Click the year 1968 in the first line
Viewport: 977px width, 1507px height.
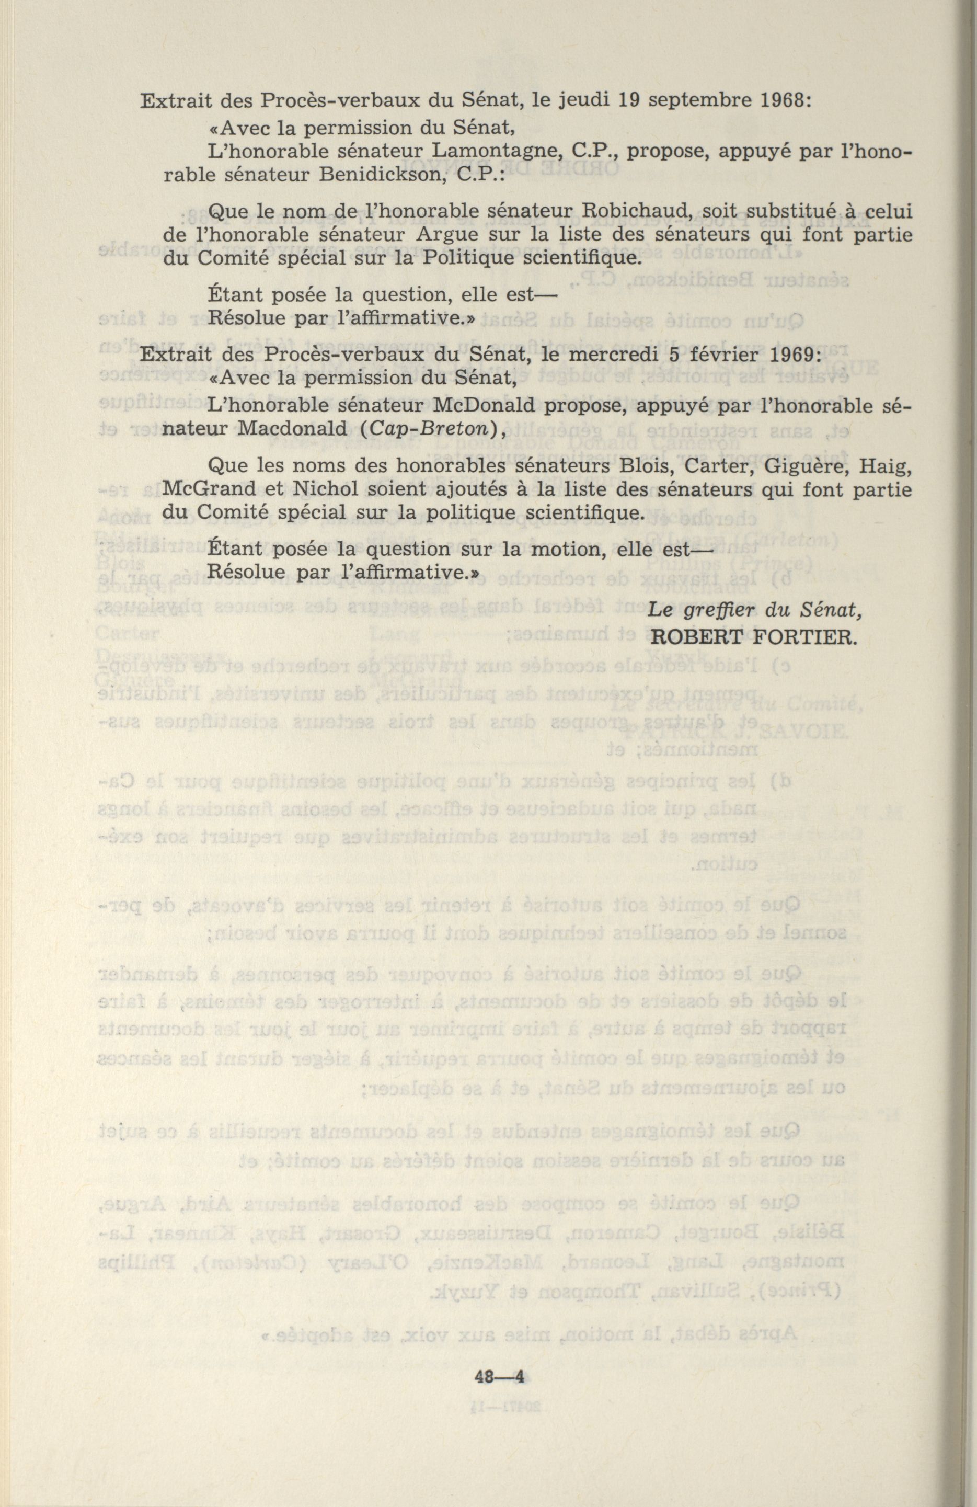775,101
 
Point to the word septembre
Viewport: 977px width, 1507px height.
692,101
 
